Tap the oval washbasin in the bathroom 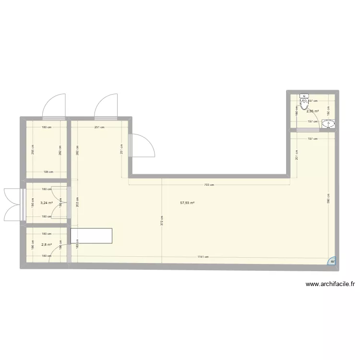point(329,124)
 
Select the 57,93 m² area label point(187,203)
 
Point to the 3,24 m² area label point(46,203)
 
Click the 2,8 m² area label point(46,244)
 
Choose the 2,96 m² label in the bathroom point(313,111)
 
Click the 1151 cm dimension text point(203,257)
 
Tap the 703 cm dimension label point(209,185)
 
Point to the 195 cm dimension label point(48,172)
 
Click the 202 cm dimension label point(78,202)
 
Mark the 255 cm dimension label point(33,150)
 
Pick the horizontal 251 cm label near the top point(100,127)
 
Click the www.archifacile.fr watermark point(330,284)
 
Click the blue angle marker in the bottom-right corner point(332,261)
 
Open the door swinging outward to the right point(143,145)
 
